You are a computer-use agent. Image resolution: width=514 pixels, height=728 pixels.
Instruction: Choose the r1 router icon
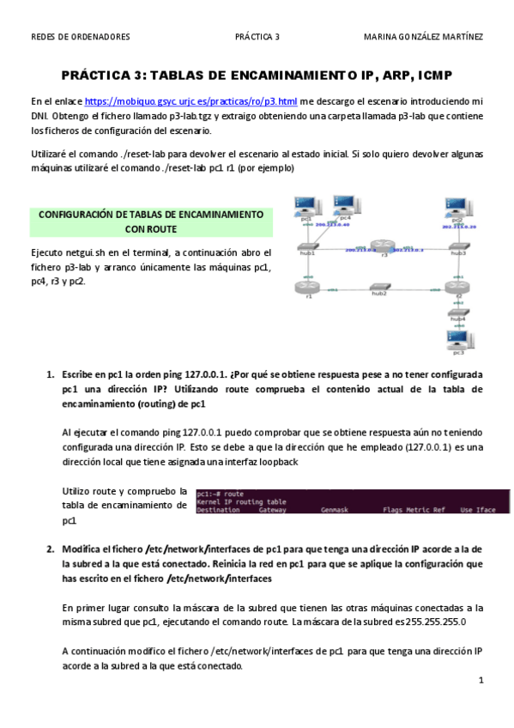[307, 288]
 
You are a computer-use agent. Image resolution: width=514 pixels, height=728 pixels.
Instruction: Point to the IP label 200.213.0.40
[335, 224]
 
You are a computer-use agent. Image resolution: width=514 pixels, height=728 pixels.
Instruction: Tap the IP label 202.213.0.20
[459, 227]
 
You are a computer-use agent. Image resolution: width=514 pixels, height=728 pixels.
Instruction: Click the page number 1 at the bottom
[481, 681]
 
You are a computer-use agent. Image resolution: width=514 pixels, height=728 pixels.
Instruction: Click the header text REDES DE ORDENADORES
[81, 37]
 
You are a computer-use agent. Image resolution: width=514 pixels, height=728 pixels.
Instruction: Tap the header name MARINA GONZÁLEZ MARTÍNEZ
[423, 37]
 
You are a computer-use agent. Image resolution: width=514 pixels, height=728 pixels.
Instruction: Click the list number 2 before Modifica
[49, 547]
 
